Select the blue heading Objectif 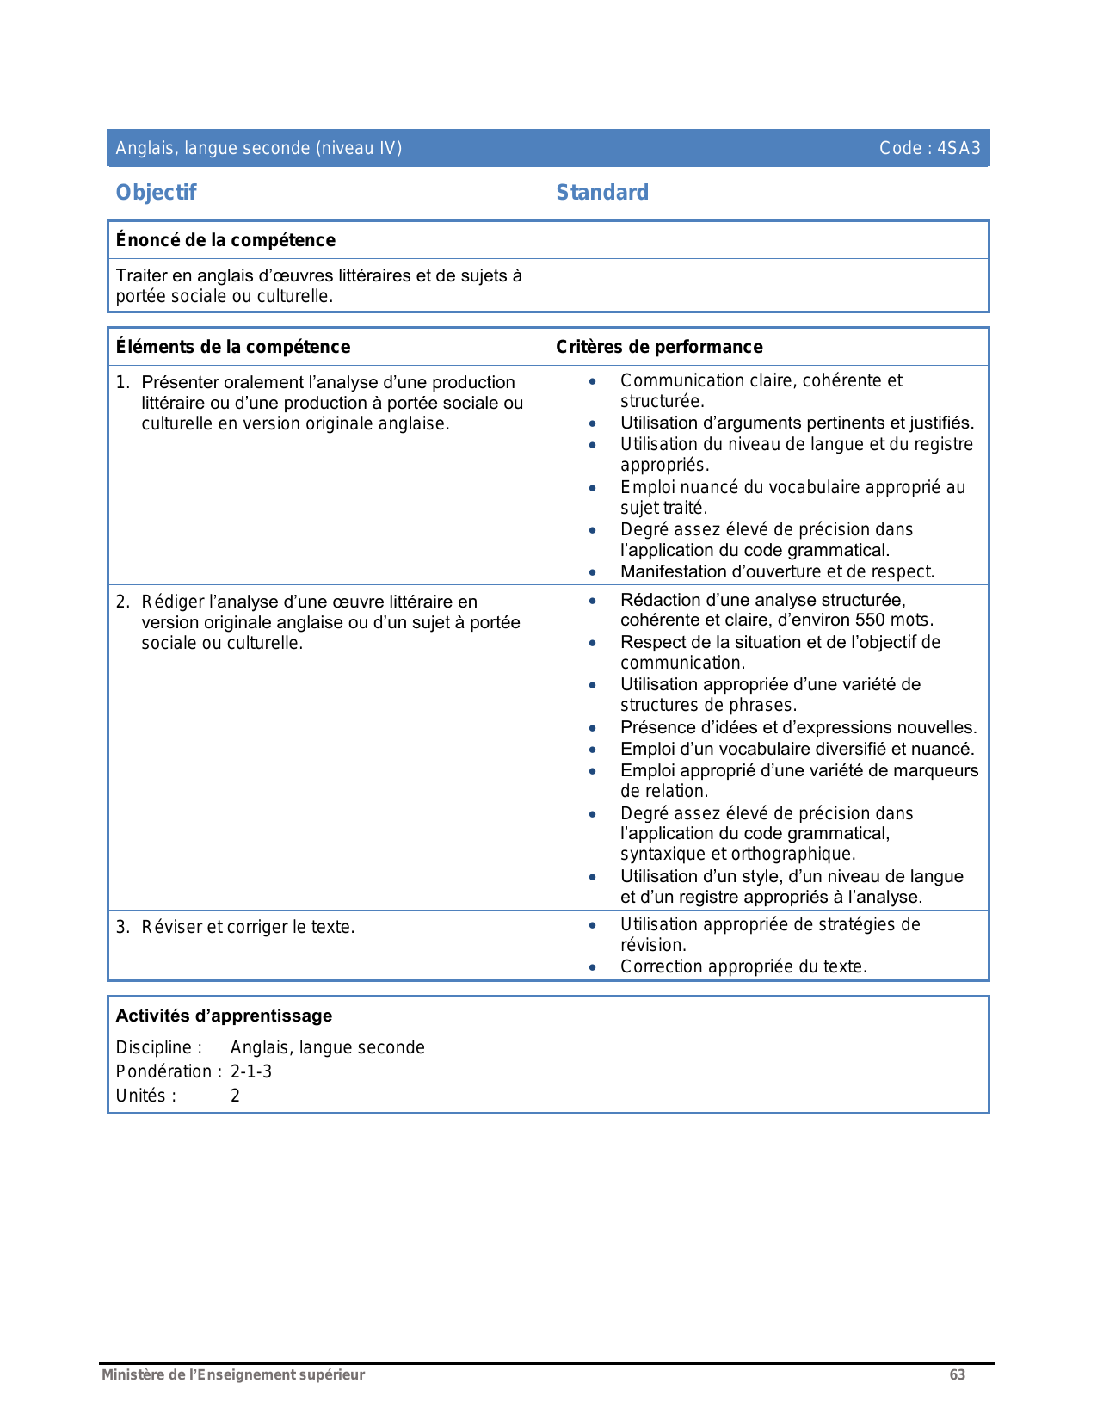click(156, 193)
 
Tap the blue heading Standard click(602, 193)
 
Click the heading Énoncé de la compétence click(225, 240)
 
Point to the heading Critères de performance click(659, 347)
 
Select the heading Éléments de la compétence click(233, 347)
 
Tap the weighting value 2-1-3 click(251, 1071)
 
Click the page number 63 click(957, 1374)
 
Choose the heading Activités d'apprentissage click(224, 1016)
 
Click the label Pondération click(163, 1071)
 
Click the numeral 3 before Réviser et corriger click(121, 927)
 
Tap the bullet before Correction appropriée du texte click(592, 967)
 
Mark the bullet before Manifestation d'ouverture click(592, 572)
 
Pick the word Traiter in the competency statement click(141, 275)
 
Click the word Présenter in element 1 click(180, 382)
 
